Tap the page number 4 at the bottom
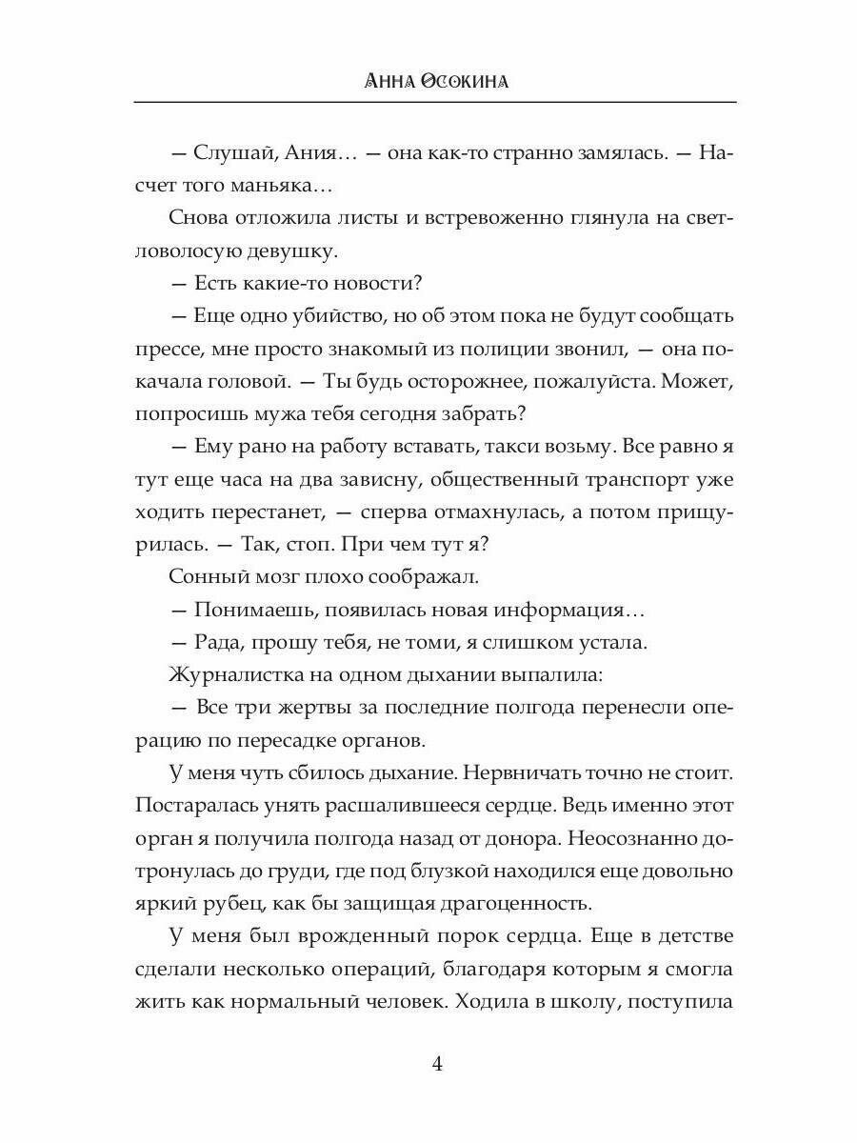tap(437, 1065)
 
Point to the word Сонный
tap(203, 576)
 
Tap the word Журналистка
tap(228, 674)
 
